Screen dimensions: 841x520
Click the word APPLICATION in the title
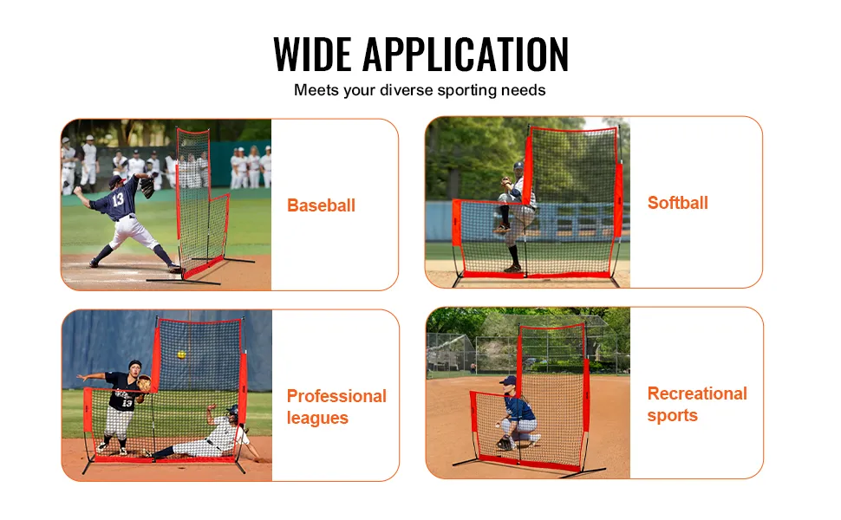tap(466, 54)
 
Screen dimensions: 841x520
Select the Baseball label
tap(322, 205)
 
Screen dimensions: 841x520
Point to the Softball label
tap(678, 203)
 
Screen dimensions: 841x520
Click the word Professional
tap(336, 396)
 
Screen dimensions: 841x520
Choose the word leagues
tap(317, 418)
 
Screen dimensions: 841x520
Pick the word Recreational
tap(697, 393)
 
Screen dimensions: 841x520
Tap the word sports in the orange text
tap(673, 416)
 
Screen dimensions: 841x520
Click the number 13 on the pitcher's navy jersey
tap(118, 199)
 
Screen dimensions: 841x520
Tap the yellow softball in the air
tap(182, 354)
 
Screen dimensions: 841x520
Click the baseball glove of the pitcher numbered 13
tap(147, 188)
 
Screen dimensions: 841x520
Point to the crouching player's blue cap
tap(508, 380)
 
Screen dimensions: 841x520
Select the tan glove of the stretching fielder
tap(144, 384)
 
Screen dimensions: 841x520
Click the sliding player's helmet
tap(232, 411)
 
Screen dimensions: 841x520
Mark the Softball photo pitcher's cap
tap(518, 166)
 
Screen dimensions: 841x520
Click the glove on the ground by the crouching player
tap(505, 444)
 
